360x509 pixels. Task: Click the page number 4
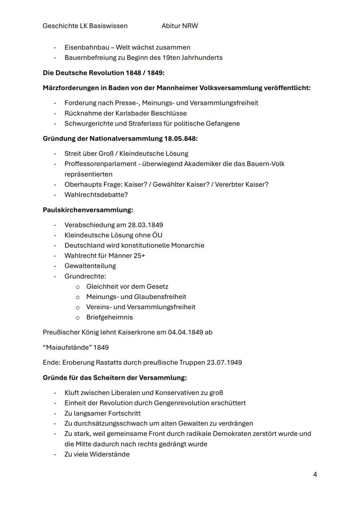point(315,474)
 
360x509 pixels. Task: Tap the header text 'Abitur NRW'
point(180,26)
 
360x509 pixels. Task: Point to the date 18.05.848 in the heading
point(180,138)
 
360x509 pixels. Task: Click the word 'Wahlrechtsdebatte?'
point(96,195)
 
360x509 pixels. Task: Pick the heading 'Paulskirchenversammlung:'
point(88,210)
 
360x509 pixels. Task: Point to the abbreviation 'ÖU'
point(157,235)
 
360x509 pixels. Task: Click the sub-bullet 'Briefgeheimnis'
point(110,317)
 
